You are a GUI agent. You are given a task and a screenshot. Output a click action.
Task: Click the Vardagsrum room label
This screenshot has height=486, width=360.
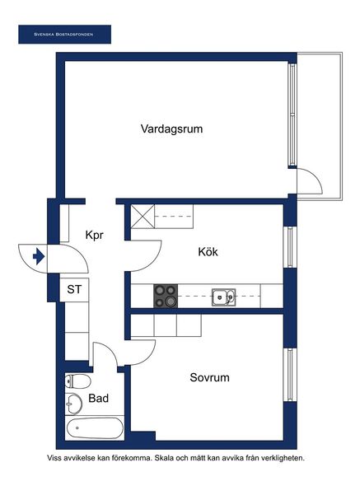(171, 129)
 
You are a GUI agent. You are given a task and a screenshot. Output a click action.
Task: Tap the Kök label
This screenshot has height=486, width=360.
(208, 252)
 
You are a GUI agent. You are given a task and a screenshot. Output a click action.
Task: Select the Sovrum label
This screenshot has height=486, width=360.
(209, 377)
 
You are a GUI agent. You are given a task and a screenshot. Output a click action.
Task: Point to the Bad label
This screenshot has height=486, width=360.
(99, 399)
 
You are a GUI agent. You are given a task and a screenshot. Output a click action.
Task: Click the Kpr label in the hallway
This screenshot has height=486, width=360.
(94, 236)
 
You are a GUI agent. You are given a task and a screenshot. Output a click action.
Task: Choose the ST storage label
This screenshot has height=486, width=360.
(74, 289)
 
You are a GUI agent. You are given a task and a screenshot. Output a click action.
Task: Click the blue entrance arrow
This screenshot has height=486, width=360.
(39, 257)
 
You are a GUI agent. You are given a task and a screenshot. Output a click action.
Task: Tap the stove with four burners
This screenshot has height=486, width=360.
(166, 296)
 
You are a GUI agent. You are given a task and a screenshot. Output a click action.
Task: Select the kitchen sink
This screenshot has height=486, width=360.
(223, 297)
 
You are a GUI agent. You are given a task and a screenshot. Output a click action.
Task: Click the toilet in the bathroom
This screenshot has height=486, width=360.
(77, 381)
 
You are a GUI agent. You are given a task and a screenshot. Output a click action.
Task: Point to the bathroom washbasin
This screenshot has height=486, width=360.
(73, 404)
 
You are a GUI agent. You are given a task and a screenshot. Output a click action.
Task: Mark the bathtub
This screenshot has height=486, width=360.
(95, 428)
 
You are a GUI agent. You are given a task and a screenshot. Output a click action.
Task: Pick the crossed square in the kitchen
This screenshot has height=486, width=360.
(143, 217)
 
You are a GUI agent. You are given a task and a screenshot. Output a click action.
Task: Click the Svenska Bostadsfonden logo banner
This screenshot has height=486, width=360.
(64, 35)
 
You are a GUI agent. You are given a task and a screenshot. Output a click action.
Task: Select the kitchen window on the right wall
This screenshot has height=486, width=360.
(291, 247)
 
